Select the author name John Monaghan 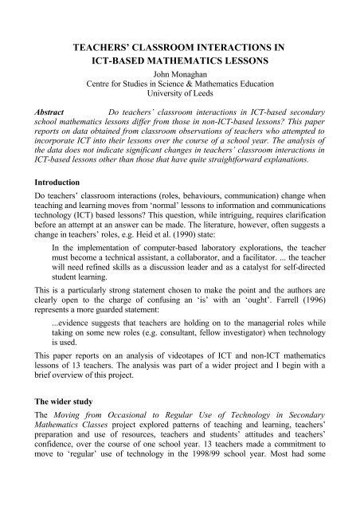180,78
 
